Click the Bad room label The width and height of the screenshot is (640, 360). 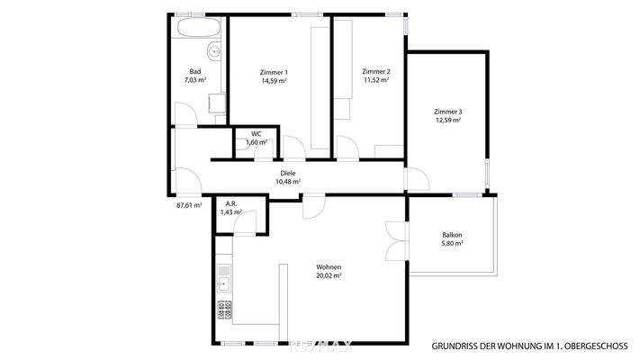(x=195, y=71)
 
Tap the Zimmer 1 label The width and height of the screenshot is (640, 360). (x=274, y=71)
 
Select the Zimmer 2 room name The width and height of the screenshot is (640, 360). (x=375, y=71)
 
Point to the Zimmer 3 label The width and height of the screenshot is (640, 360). (x=448, y=112)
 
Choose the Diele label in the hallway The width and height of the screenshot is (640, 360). (x=287, y=173)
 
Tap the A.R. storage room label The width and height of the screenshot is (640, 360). (x=231, y=203)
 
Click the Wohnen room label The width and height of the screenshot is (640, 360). (x=328, y=267)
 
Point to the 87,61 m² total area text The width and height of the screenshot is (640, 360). (x=189, y=205)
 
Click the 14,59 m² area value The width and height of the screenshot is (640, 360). (x=274, y=81)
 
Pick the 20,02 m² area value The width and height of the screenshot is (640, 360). (x=328, y=276)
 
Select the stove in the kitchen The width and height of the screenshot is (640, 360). (x=224, y=310)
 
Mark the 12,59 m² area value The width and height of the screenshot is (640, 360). (x=448, y=121)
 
